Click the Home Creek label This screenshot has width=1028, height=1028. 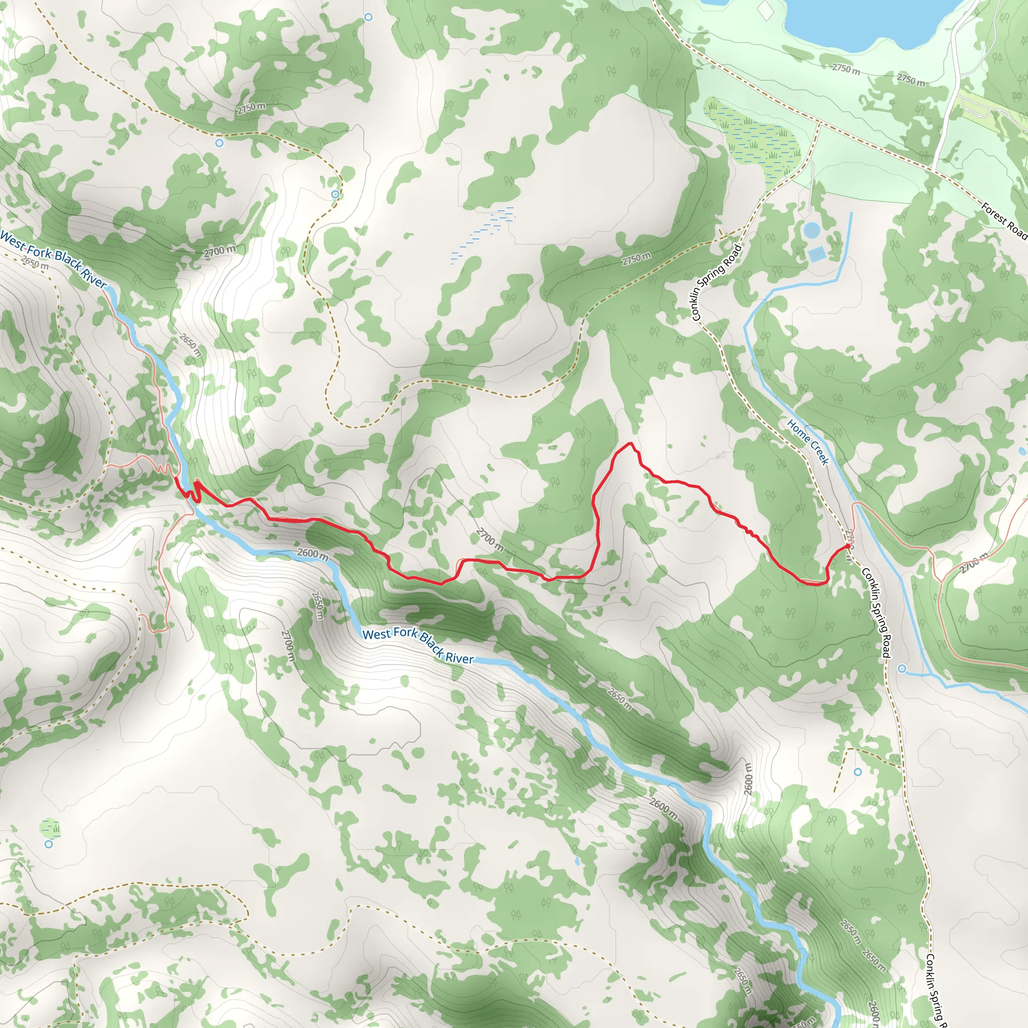808,442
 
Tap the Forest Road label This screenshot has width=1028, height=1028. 1003,220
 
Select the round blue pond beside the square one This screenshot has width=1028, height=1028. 812,230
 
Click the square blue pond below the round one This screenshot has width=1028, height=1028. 816,254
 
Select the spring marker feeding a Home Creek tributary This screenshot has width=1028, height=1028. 902,668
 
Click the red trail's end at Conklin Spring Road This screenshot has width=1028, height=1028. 847,546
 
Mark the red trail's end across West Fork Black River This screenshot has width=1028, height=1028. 176,478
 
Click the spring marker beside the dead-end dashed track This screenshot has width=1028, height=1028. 858,772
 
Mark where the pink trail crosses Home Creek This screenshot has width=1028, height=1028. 855,502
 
